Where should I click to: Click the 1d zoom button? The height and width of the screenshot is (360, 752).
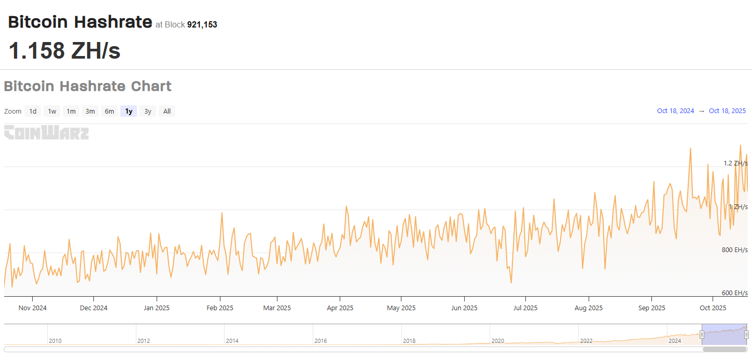click(33, 111)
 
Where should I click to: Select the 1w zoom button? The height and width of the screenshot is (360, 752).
click(52, 111)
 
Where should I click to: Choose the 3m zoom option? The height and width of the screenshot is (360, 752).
click(90, 111)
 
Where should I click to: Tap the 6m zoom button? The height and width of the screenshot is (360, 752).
click(109, 111)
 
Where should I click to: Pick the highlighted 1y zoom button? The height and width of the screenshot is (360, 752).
click(129, 111)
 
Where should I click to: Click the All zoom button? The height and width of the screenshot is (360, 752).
click(167, 111)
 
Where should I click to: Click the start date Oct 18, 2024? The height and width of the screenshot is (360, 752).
click(675, 111)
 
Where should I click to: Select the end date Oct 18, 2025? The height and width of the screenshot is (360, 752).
click(727, 111)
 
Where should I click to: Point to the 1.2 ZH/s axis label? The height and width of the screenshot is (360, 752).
click(735, 163)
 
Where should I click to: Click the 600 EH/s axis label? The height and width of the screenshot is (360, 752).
click(735, 293)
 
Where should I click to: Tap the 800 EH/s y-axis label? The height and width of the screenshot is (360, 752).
click(735, 250)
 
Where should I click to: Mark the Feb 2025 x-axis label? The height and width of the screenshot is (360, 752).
click(220, 308)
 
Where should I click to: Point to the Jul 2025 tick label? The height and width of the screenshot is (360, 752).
click(525, 308)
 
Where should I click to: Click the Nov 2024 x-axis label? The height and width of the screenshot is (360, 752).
click(32, 308)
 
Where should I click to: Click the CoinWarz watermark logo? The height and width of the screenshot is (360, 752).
click(46, 133)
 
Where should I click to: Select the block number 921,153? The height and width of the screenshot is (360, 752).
click(202, 24)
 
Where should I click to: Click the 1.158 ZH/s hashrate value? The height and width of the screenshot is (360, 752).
click(64, 51)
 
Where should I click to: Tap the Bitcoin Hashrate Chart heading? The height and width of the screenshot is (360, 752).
click(88, 86)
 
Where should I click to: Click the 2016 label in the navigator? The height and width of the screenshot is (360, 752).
click(321, 341)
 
